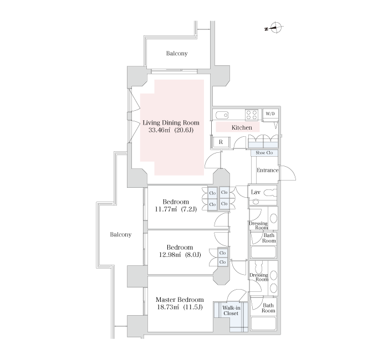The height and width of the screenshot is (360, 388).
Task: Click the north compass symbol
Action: [x=275, y=28]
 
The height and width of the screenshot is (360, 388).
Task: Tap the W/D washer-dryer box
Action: [x=270, y=114]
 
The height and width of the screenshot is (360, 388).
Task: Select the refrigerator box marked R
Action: [x=221, y=142]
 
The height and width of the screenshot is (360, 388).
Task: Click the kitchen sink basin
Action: [x=222, y=115]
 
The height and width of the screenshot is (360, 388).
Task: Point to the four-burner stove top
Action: [x=252, y=115]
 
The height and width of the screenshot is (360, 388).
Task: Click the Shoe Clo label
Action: [x=264, y=153]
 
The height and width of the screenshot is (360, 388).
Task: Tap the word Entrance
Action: [x=268, y=170]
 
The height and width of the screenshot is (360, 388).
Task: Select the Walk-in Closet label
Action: [x=231, y=311]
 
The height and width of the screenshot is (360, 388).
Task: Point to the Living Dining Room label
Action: [x=171, y=122]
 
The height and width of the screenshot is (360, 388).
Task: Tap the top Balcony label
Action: [x=177, y=53]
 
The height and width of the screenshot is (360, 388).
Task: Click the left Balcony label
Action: [x=120, y=234]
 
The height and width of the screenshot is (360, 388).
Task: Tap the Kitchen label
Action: [x=242, y=127]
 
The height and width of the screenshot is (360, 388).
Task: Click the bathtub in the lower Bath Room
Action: [x=263, y=323]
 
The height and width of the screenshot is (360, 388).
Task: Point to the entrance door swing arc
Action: [x=291, y=171]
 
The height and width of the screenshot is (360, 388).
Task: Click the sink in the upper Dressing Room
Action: [x=273, y=218]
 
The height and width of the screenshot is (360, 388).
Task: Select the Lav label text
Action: [x=256, y=192]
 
